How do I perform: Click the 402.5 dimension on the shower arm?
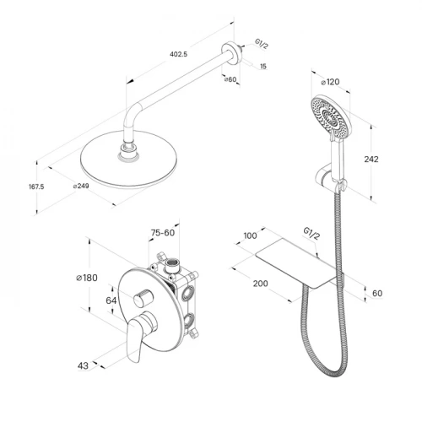coord(178,54)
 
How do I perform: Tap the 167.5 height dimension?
coord(36,187)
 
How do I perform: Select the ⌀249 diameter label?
coord(81,186)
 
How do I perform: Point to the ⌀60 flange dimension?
coord(230,79)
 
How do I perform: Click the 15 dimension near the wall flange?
coord(263,67)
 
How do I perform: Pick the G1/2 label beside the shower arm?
coord(262,44)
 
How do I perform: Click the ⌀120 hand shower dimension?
coord(330,82)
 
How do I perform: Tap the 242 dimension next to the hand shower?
coord(371,159)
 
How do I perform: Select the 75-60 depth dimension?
coord(163,233)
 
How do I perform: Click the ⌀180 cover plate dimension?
coord(87,278)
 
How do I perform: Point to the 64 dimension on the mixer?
coord(111,300)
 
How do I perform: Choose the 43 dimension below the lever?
coord(83,365)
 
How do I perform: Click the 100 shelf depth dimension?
coord(250,235)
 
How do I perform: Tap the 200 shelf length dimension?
coord(260,284)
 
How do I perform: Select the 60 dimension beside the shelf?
coord(377,293)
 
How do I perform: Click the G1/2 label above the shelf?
coord(311,234)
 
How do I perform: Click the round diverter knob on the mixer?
coord(143,298)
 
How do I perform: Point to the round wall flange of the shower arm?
coord(230,53)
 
